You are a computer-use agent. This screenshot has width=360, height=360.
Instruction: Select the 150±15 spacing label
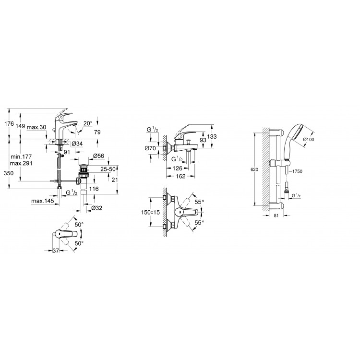click(150, 213)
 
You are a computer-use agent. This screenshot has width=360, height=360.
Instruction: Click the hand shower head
click(294, 139)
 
